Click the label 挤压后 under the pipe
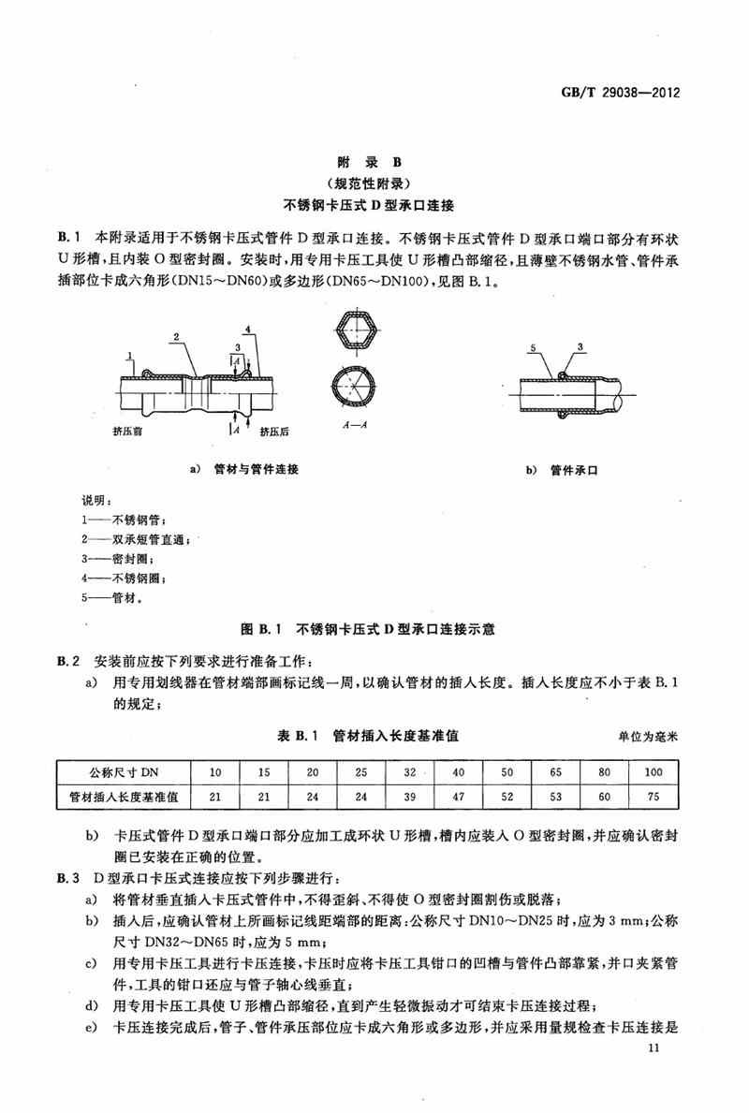[273, 432]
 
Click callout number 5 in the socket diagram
[531, 347]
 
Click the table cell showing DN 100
[653, 771]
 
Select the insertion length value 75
[653, 798]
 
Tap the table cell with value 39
[408, 798]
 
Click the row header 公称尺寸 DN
[124, 771]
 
